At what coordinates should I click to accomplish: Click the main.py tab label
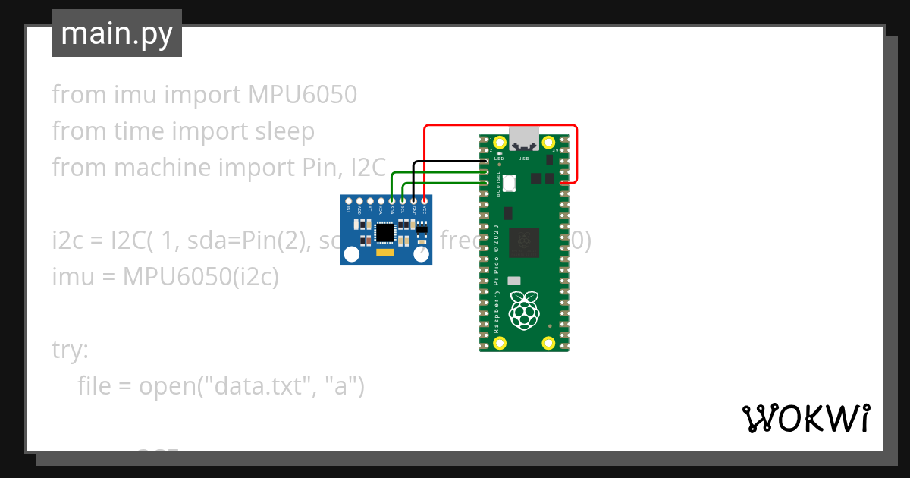(116, 33)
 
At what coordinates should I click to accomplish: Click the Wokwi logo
(805, 418)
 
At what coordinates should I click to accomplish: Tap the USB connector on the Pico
(524, 139)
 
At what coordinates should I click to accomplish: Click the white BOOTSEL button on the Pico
(507, 183)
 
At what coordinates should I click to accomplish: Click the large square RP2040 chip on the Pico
(523, 243)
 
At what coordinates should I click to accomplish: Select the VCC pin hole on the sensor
(424, 201)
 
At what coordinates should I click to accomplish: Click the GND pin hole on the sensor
(413, 201)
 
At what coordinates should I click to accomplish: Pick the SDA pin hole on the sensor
(392, 201)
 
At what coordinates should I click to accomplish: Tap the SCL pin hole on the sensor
(403, 201)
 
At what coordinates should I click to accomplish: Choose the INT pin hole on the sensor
(349, 201)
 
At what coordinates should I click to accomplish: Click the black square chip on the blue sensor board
(385, 231)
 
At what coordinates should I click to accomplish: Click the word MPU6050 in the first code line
(302, 95)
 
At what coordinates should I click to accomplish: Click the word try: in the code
(70, 351)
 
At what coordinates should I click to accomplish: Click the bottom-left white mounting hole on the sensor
(351, 255)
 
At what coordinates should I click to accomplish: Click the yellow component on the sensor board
(385, 252)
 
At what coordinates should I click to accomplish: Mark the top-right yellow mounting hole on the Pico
(548, 142)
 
